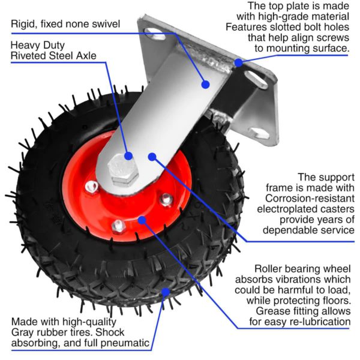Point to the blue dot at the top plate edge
tap(238, 62)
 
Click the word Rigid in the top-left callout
tap(24, 25)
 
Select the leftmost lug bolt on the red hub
tap(91, 188)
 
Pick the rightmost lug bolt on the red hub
tap(166, 199)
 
